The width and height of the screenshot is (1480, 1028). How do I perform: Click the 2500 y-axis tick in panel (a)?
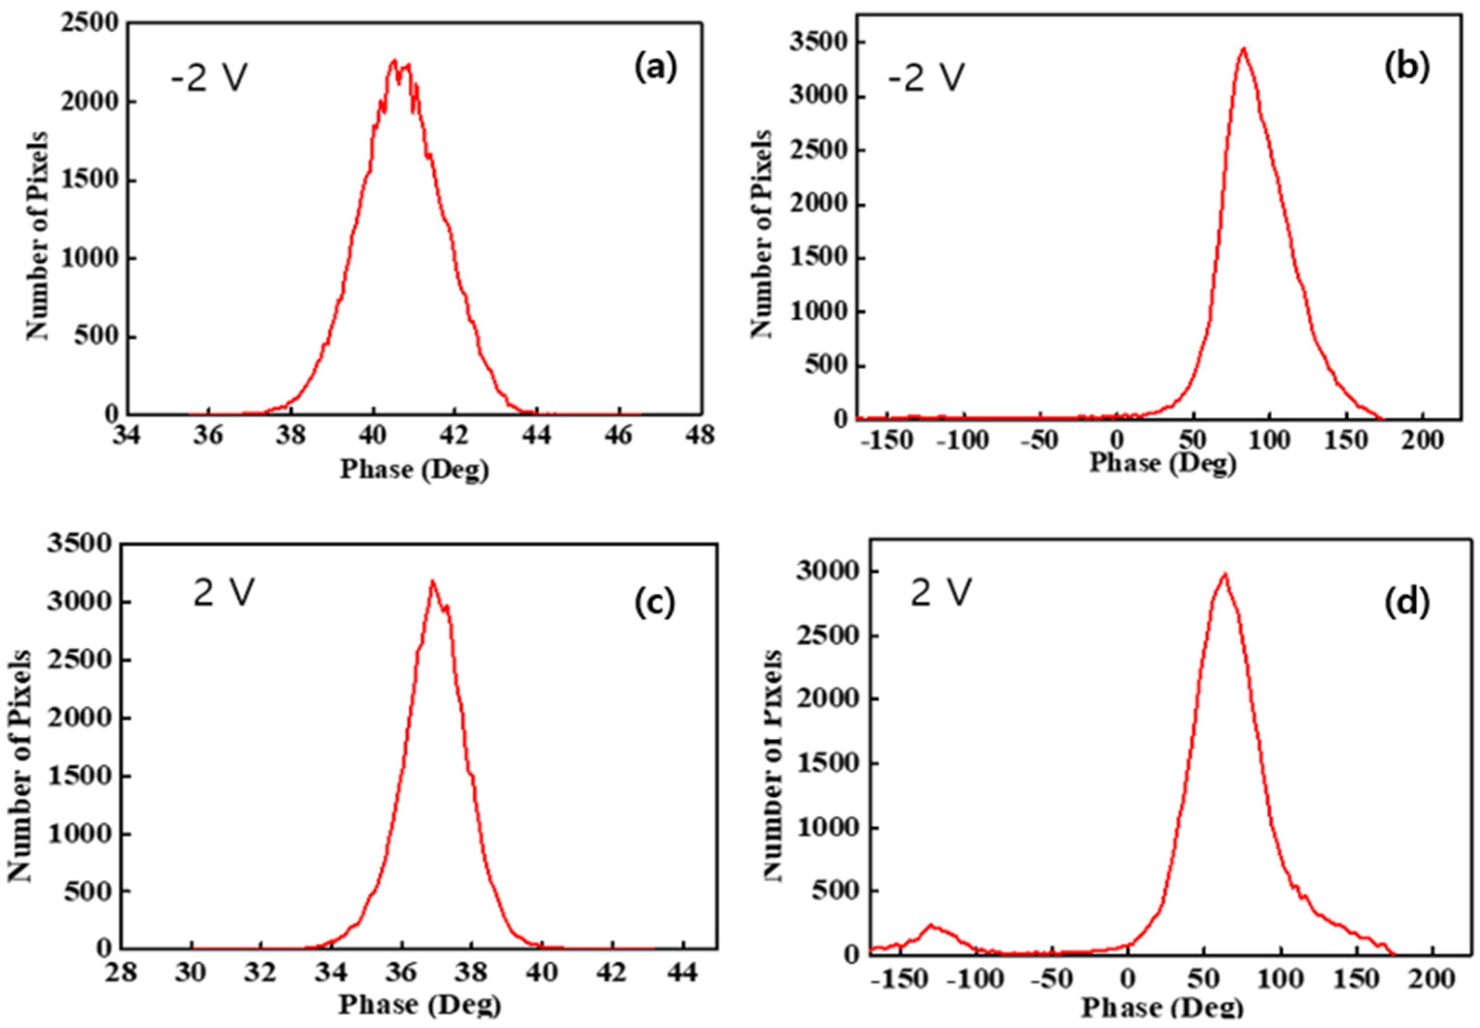point(90,24)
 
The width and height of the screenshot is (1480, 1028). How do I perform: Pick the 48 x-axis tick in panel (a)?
point(700,436)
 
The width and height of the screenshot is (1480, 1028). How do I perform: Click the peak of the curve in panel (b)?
point(1244,48)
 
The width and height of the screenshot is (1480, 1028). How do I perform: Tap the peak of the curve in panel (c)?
point(432,582)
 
